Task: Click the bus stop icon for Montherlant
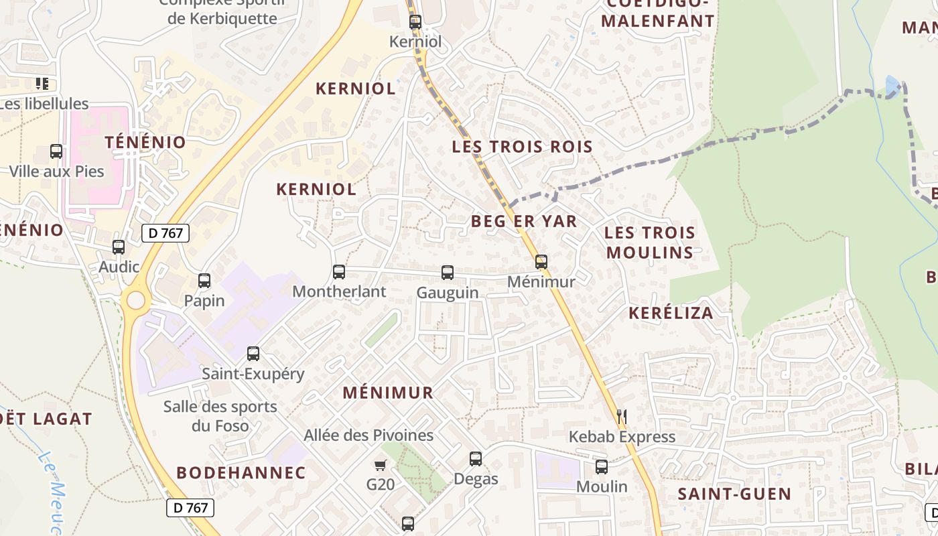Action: pyautogui.click(x=339, y=272)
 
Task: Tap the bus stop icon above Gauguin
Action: pyautogui.click(x=448, y=273)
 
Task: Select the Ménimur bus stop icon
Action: pyautogui.click(x=541, y=262)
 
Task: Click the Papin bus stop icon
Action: pyautogui.click(x=204, y=281)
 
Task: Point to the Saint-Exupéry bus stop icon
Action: pyautogui.click(x=253, y=354)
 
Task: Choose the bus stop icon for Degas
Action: pyautogui.click(x=476, y=459)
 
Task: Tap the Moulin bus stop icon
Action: pyautogui.click(x=602, y=467)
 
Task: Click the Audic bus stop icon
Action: pyautogui.click(x=119, y=247)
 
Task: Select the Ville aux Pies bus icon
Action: pyautogui.click(x=56, y=152)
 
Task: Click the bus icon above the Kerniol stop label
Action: pyautogui.click(x=415, y=22)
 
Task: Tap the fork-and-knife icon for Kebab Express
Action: pyautogui.click(x=622, y=417)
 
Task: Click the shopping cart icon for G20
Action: pyautogui.click(x=381, y=464)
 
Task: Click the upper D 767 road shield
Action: pyautogui.click(x=165, y=233)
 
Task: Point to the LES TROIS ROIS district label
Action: pyautogui.click(x=522, y=147)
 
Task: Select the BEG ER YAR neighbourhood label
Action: pyautogui.click(x=524, y=221)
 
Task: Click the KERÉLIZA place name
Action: pyautogui.click(x=671, y=313)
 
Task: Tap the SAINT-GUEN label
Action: pyautogui.click(x=734, y=494)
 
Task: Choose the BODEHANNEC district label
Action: pyautogui.click(x=241, y=472)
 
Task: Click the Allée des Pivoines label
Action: pyautogui.click(x=368, y=435)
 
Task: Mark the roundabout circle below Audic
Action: pyautogui.click(x=135, y=299)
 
